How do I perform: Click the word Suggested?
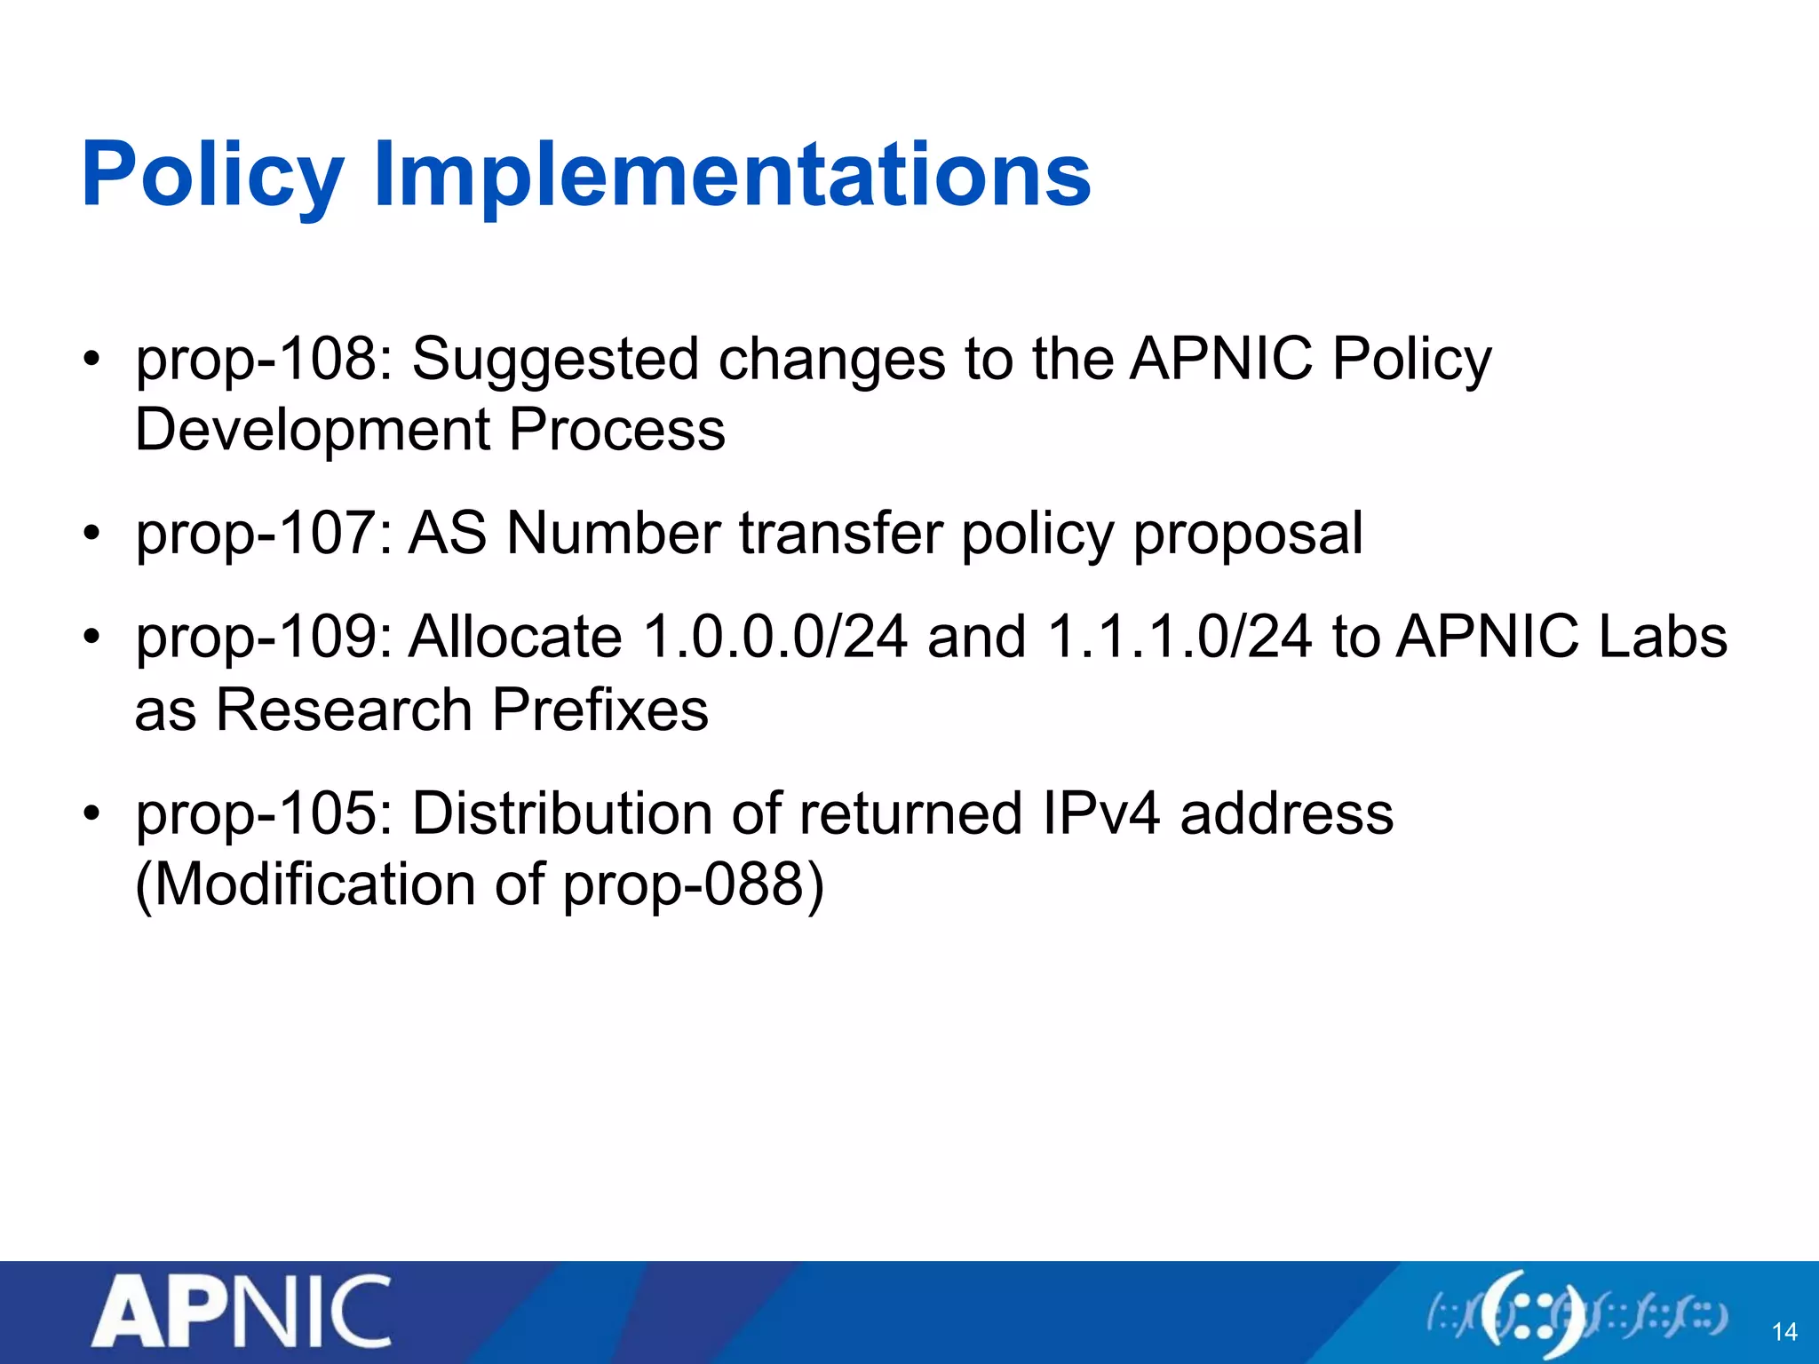coord(555,361)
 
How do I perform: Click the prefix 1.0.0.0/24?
coord(774,638)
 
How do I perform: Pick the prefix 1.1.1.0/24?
coord(1180,638)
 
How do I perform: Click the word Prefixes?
coord(600,710)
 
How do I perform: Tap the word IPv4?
coord(1100,814)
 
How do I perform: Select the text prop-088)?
coord(694,885)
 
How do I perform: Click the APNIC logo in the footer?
coord(242,1312)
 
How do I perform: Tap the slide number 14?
coord(1784,1332)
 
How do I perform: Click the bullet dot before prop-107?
coord(91,535)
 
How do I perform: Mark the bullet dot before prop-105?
coord(91,814)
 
